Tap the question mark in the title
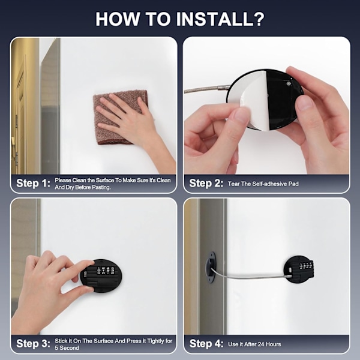click(259, 19)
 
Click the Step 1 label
click(33, 183)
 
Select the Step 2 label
click(206, 183)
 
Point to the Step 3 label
click(33, 344)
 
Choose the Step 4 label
click(206, 344)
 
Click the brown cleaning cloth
click(120, 117)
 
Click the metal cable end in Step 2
click(224, 87)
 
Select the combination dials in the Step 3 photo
click(106, 270)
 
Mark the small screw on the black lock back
click(289, 83)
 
